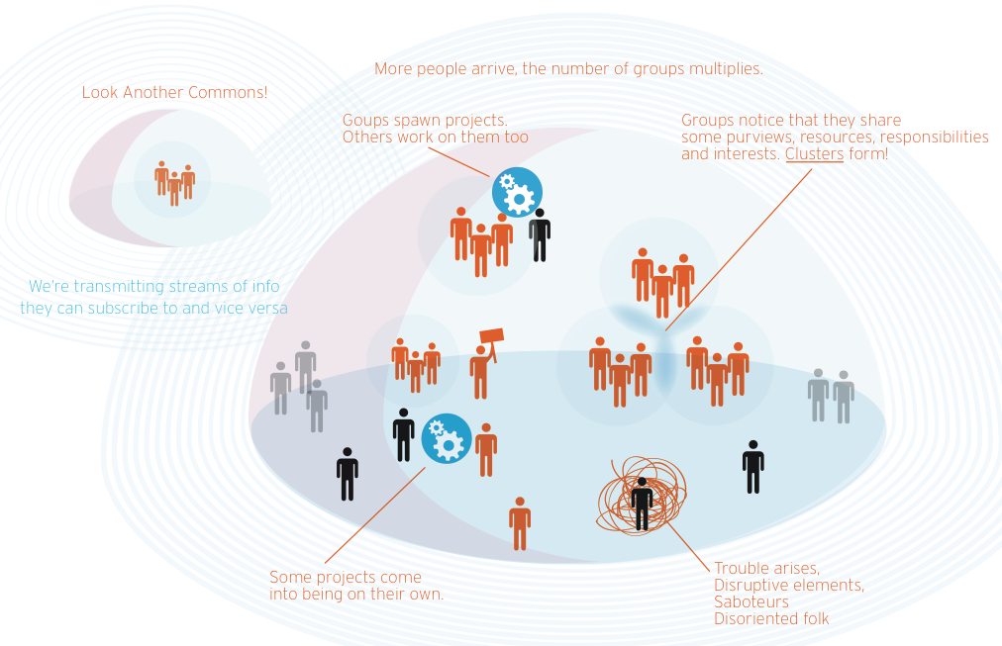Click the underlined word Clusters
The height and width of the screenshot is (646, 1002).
814,154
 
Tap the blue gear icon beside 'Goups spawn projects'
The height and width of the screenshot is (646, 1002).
517,192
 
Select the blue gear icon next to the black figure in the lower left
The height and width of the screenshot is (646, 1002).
447,438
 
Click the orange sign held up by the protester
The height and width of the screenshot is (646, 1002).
492,337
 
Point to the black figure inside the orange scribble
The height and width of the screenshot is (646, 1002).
642,503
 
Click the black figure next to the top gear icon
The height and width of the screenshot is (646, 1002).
539,234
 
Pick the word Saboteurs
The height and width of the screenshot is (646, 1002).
751,601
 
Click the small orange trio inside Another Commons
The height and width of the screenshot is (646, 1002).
174,183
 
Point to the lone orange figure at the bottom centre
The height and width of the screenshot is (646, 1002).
520,522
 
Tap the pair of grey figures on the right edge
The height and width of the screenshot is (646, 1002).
830,396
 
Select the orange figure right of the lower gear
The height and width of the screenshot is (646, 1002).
486,449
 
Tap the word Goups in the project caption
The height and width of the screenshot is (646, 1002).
364,120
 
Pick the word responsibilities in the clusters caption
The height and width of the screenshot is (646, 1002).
935,137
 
